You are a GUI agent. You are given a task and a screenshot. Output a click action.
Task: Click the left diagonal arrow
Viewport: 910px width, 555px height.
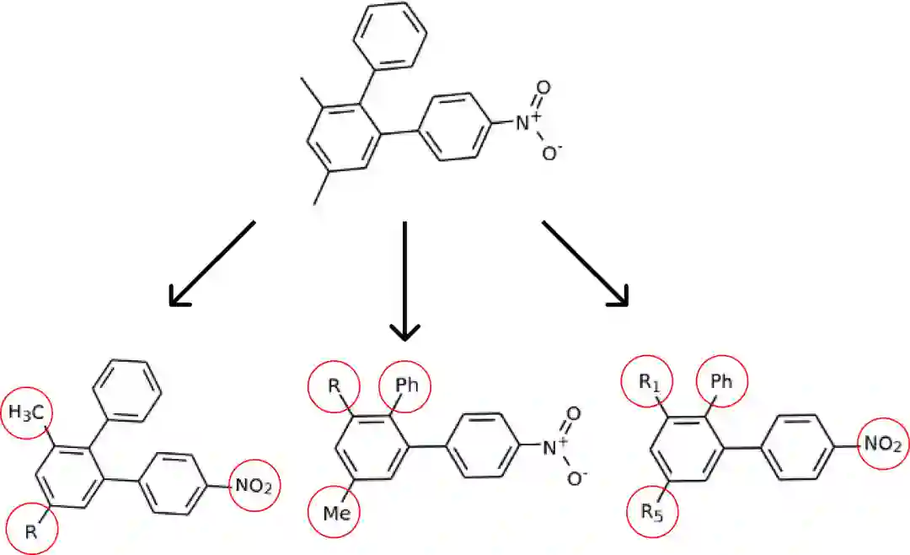click(211, 263)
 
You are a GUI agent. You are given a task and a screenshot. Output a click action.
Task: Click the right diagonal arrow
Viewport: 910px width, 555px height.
click(586, 262)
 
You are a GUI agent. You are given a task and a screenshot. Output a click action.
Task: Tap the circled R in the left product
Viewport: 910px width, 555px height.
click(31, 531)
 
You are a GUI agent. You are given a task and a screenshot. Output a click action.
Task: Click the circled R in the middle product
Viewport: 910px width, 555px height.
click(334, 388)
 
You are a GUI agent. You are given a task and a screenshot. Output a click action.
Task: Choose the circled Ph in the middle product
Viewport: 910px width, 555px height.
click(406, 387)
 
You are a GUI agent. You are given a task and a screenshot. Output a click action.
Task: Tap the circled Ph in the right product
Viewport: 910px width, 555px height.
click(721, 382)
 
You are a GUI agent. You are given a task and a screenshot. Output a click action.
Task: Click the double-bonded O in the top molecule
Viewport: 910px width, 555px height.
click(543, 87)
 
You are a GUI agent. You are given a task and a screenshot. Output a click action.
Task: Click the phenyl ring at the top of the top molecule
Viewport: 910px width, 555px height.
click(390, 35)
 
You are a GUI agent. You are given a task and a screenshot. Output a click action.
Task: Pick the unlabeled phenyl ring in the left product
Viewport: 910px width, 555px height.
click(125, 391)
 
